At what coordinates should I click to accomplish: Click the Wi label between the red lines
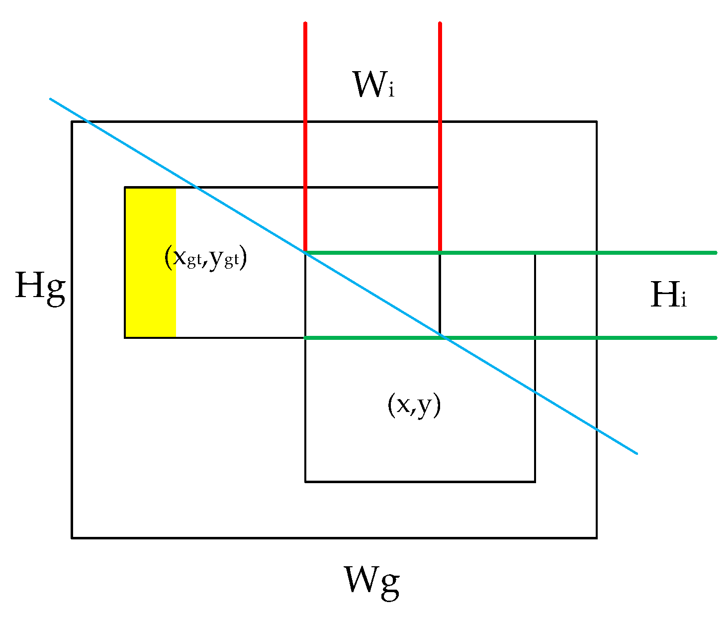[x=373, y=85]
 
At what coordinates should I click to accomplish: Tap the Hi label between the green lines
[x=668, y=295]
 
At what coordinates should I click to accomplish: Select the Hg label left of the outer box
[x=40, y=287]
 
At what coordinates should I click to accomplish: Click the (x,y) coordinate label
[x=414, y=405]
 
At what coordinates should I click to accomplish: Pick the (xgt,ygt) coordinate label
[x=205, y=258]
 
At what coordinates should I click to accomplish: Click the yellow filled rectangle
[x=151, y=263]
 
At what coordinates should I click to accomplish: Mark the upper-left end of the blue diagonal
[x=51, y=99]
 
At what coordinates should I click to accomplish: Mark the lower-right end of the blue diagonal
[x=636, y=453]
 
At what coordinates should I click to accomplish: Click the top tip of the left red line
[x=305, y=23]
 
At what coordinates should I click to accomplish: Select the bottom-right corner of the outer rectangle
[x=596, y=537]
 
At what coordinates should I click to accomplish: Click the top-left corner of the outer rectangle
[x=72, y=122]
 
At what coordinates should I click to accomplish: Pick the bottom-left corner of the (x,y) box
[x=305, y=481]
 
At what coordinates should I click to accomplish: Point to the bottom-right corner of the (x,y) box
[x=535, y=481]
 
